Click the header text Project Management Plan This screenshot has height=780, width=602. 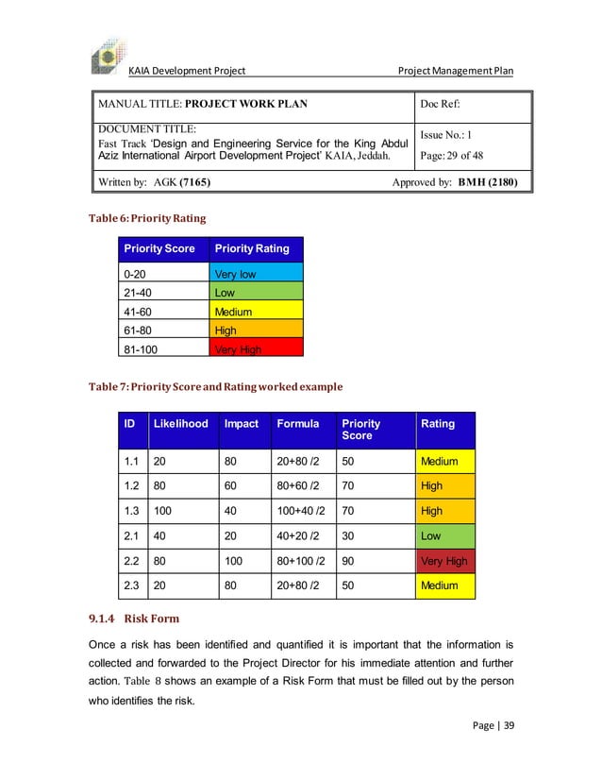(x=455, y=71)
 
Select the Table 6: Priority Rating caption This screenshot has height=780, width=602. (x=148, y=218)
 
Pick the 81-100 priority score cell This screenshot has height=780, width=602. (x=163, y=349)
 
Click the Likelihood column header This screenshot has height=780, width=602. (x=180, y=424)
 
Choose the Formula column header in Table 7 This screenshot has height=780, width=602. (x=298, y=424)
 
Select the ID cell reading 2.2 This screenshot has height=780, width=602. (x=133, y=561)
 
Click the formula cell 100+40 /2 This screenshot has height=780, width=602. (x=301, y=511)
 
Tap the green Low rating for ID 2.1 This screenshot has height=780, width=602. (x=444, y=535)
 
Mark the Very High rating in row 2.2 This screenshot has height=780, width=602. (x=444, y=561)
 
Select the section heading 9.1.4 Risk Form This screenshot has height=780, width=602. (x=134, y=619)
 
